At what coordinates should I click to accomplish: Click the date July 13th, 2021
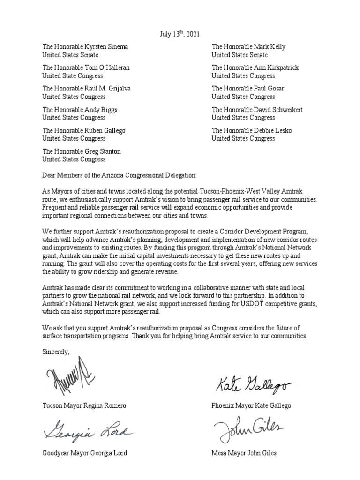[x=180, y=34]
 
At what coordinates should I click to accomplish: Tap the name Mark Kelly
[x=271, y=47]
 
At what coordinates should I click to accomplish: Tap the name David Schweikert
[x=279, y=110]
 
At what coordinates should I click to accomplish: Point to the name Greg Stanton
[x=104, y=151]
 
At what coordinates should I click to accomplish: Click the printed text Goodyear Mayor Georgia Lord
[x=84, y=453]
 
